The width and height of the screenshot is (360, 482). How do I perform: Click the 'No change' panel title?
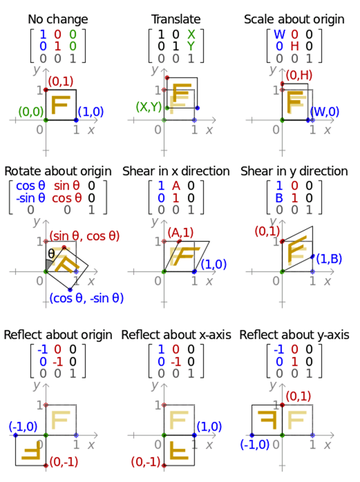[58, 20]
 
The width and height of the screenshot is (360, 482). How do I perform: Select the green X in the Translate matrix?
[191, 35]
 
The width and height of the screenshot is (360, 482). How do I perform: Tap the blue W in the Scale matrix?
[279, 35]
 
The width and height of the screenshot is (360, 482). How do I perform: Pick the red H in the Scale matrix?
[295, 46]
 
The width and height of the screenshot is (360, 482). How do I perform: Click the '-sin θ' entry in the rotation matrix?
[31, 198]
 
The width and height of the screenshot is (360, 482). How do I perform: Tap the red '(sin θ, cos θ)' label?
[87, 236]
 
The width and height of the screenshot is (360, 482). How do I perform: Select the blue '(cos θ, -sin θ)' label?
[86, 298]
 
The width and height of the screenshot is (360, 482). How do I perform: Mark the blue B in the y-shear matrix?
[279, 198]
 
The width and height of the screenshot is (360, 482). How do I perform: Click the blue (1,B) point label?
[330, 259]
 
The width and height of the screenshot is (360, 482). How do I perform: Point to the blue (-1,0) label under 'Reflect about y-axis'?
[255, 444]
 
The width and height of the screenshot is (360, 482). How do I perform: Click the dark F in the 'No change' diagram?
[60, 105]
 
